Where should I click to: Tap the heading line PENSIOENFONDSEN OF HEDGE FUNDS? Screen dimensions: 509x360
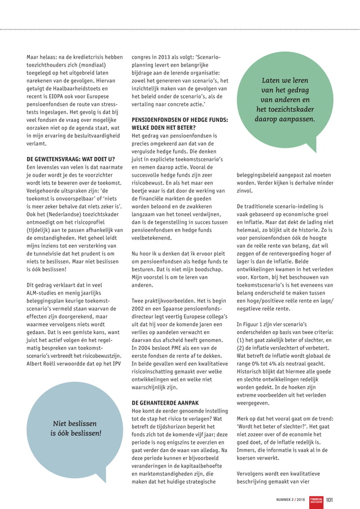tap(179, 120)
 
